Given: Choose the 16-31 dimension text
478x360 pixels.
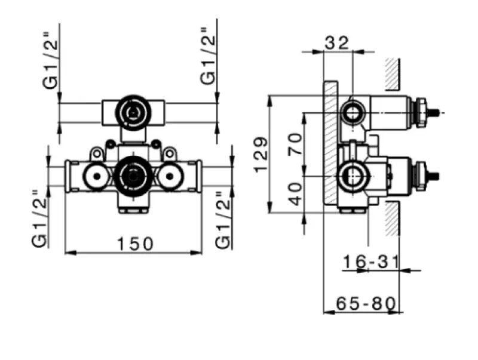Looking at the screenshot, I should pos(371,261).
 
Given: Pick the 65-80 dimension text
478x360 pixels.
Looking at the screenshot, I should pos(366,303).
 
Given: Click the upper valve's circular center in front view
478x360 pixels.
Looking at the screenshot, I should pos(132,111).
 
